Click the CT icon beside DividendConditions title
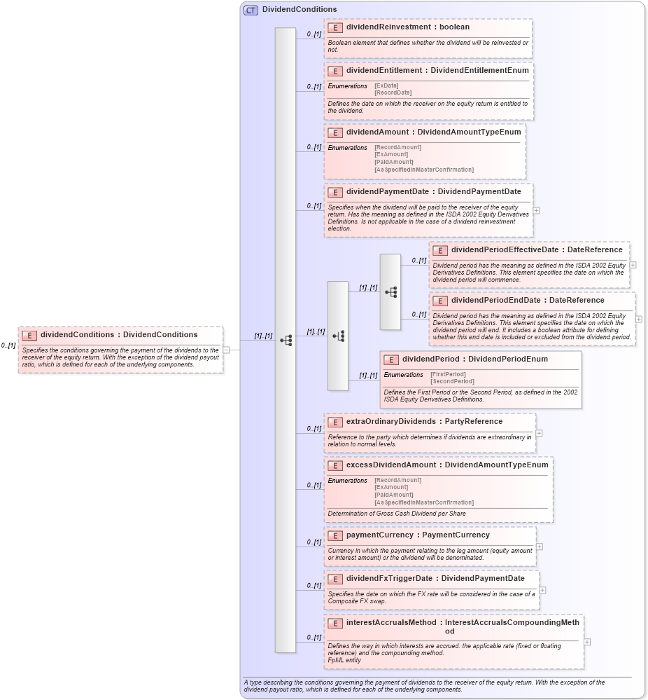[x=250, y=10]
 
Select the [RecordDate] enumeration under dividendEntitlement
[x=393, y=92]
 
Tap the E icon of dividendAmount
[x=335, y=132]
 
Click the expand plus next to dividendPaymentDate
[x=536, y=210]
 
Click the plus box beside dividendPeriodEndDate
[x=638, y=319]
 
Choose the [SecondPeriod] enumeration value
[x=452, y=382]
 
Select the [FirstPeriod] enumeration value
[x=448, y=374]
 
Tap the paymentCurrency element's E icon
[x=335, y=535]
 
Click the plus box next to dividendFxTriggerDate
[x=542, y=590]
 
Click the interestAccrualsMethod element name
[x=392, y=622]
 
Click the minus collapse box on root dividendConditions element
[x=226, y=350]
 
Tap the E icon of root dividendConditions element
[x=29, y=335]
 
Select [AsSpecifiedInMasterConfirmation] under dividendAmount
[x=423, y=170]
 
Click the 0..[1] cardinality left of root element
[x=8, y=345]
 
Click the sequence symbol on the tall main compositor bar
[x=286, y=340]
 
